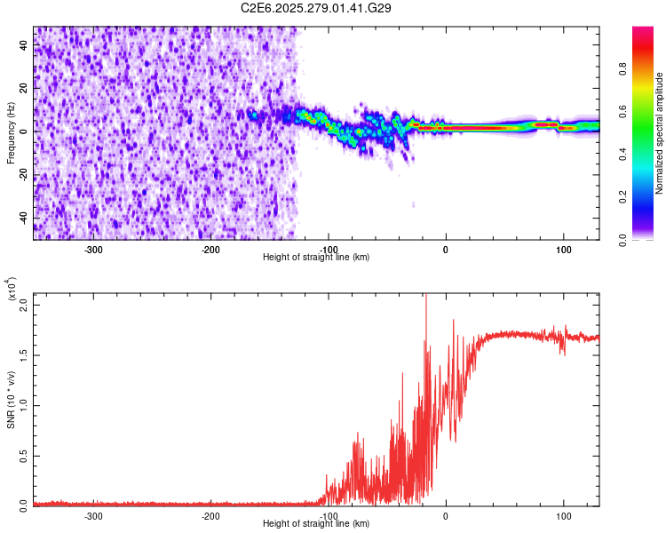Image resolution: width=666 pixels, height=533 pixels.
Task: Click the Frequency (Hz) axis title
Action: click(x=11, y=133)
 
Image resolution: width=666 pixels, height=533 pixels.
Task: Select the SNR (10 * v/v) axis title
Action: click(x=11, y=399)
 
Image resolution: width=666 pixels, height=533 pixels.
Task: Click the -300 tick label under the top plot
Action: click(x=93, y=250)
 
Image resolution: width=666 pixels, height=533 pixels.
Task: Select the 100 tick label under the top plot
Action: click(x=563, y=250)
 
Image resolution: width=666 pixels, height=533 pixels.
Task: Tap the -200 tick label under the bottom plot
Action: click(x=210, y=515)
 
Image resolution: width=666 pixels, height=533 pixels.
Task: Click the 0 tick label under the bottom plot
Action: click(x=446, y=515)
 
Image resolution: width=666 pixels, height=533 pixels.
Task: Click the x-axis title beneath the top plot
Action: click(x=317, y=258)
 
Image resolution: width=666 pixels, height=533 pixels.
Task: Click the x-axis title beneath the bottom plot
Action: click(x=317, y=523)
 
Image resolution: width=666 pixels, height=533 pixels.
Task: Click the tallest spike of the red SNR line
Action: click(x=426, y=296)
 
